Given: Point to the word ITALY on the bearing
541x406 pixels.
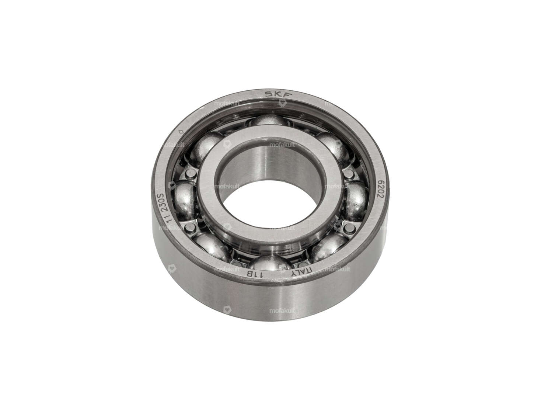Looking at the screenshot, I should pyautogui.click(x=301, y=271).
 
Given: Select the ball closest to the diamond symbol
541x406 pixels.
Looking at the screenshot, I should pyautogui.click(x=205, y=145).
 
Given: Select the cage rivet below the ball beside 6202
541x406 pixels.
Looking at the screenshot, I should pyautogui.click(x=346, y=230).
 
